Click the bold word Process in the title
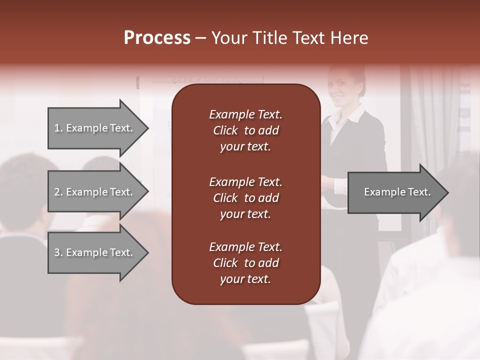(x=157, y=38)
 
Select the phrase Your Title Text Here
(x=289, y=38)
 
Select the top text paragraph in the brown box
(x=245, y=130)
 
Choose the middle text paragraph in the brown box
(x=245, y=198)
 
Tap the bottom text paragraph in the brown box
(x=245, y=263)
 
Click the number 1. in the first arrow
(x=58, y=128)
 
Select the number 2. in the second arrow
(x=58, y=192)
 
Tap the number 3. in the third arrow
(x=58, y=252)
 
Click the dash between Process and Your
(x=200, y=38)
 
